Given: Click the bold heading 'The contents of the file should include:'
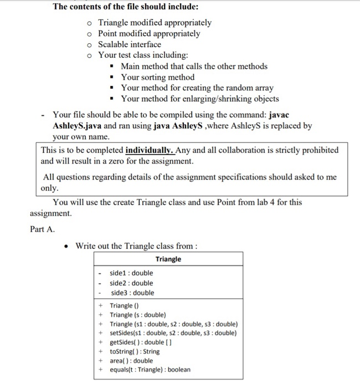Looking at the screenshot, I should tap(126, 7).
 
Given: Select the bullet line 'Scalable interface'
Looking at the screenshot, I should tap(130, 44).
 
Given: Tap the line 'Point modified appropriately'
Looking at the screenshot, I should tap(149, 34).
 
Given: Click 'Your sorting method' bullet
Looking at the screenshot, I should tap(157, 77).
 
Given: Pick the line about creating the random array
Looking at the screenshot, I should tap(197, 88).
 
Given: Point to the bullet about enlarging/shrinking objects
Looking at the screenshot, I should tap(199, 99).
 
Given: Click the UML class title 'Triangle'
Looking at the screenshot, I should tap(168, 259).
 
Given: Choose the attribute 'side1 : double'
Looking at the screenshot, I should tap(132, 273).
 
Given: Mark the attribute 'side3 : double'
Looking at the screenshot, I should tap(132, 293).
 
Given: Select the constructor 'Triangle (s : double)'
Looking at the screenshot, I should tap(138, 315).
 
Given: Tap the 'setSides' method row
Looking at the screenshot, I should tap(173, 333).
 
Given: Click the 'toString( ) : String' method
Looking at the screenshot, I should tap(135, 351).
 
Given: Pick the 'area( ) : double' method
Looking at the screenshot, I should tap(131, 360).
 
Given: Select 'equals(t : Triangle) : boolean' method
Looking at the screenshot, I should tap(150, 370).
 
